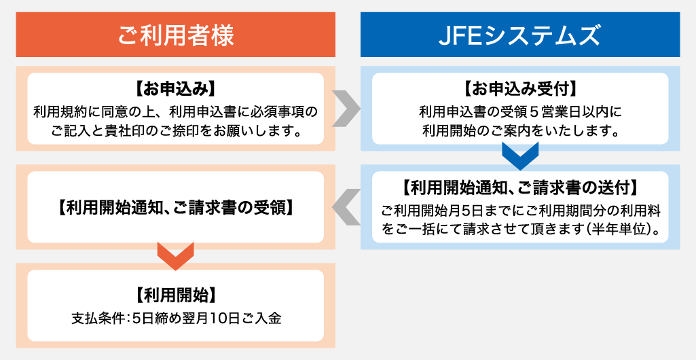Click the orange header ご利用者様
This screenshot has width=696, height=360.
(x=175, y=35)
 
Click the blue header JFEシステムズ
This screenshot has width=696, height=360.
(x=519, y=35)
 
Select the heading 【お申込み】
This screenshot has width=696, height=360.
(x=175, y=89)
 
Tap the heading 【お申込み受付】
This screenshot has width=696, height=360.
(x=519, y=89)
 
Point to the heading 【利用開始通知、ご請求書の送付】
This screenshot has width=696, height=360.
(x=519, y=186)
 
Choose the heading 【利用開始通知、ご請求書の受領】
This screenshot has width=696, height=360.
(x=175, y=207)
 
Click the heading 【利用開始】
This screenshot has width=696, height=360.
(x=175, y=295)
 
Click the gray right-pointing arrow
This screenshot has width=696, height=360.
(x=347, y=109)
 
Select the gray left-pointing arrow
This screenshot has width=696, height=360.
(x=347, y=207)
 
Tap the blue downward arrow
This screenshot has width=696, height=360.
(x=519, y=156)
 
